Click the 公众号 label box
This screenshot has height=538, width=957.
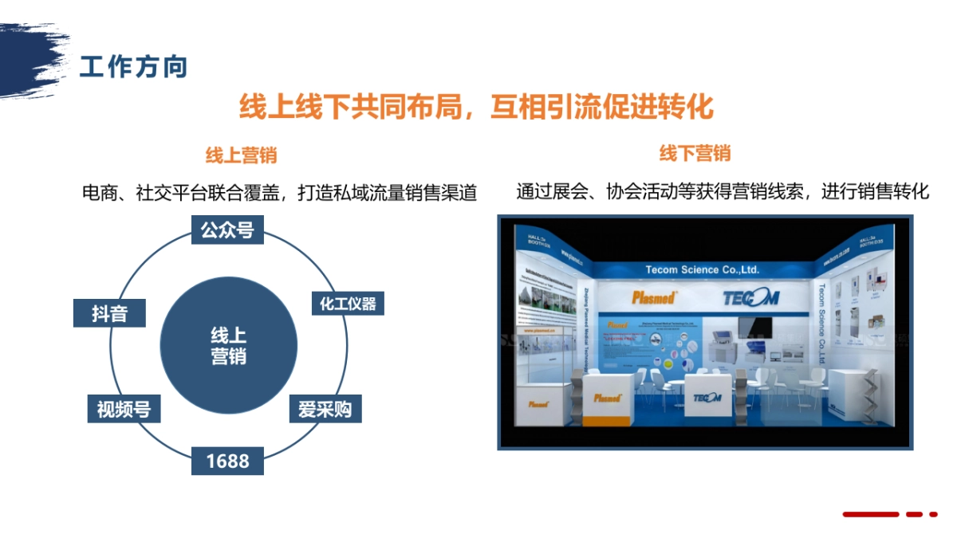coord(227,230)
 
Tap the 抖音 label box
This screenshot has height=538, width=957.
coord(109,313)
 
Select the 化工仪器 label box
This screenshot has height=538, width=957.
coord(347,304)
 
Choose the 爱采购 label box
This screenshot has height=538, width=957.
coord(325,409)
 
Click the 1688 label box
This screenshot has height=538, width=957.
coord(227,461)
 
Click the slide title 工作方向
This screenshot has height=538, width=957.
coord(134,67)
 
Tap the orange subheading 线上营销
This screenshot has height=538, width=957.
coord(242,155)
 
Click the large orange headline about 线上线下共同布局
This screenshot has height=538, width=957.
coord(476,107)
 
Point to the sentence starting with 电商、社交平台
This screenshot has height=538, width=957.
coord(279,193)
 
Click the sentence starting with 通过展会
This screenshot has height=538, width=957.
coord(723,192)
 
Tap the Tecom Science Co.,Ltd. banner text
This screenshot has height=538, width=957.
coord(702,269)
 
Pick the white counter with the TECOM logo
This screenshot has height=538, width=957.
coord(706,399)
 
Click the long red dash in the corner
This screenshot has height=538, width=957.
coord(871,514)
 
